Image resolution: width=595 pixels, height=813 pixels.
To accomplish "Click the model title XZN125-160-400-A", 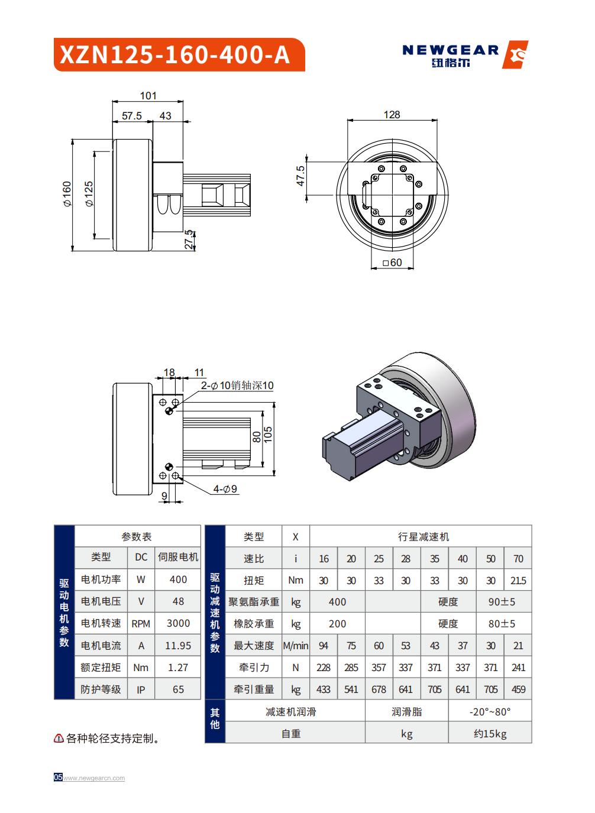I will pyautogui.click(x=175, y=55).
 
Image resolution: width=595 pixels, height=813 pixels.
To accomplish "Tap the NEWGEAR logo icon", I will pyautogui.click(x=515, y=55).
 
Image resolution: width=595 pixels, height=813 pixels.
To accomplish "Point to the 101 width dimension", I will pyautogui.click(x=148, y=96).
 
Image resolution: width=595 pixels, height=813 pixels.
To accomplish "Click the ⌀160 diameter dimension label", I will pyautogui.click(x=66, y=195).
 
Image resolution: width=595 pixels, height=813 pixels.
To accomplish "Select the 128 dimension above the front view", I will pyautogui.click(x=392, y=115).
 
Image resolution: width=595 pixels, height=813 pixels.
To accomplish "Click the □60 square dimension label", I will pyautogui.click(x=392, y=263).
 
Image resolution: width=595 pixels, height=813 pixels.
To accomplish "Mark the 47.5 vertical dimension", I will pyautogui.click(x=300, y=176).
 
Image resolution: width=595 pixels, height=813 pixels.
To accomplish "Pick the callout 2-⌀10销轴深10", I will pyautogui.click(x=237, y=386).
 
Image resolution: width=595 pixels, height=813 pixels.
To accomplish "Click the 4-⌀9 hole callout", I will pyautogui.click(x=225, y=489).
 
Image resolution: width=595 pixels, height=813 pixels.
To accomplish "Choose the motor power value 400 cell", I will pyautogui.click(x=178, y=579).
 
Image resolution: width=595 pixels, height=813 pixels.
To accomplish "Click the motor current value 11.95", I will pyautogui.click(x=178, y=646).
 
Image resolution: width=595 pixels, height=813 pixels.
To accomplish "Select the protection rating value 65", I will pyautogui.click(x=178, y=689).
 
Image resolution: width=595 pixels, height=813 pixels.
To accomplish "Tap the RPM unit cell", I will pyautogui.click(x=141, y=623).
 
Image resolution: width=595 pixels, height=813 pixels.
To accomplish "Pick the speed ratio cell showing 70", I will pyautogui.click(x=518, y=559).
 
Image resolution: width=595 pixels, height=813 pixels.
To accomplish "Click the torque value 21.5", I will pyautogui.click(x=518, y=581).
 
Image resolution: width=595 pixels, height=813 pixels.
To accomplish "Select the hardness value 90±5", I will pyautogui.click(x=502, y=602).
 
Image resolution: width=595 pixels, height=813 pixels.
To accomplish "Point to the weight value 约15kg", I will pyautogui.click(x=490, y=734).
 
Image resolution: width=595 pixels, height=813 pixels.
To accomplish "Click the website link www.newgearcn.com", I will pyautogui.click(x=94, y=778).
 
